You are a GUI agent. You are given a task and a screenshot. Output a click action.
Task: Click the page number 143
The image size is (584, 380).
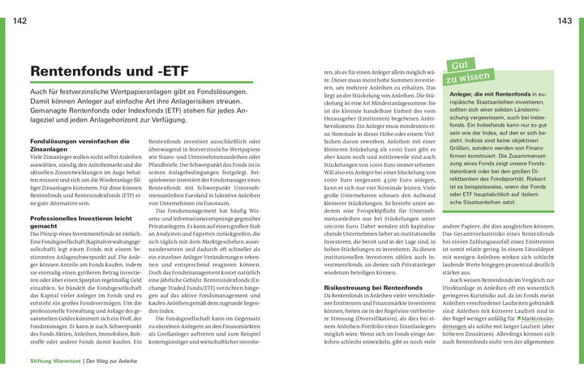tap(565, 22)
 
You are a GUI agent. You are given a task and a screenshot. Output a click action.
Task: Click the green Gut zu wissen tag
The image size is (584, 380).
tap(469, 71)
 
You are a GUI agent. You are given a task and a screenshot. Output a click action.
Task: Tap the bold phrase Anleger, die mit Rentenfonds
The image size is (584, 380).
tap(490, 96)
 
